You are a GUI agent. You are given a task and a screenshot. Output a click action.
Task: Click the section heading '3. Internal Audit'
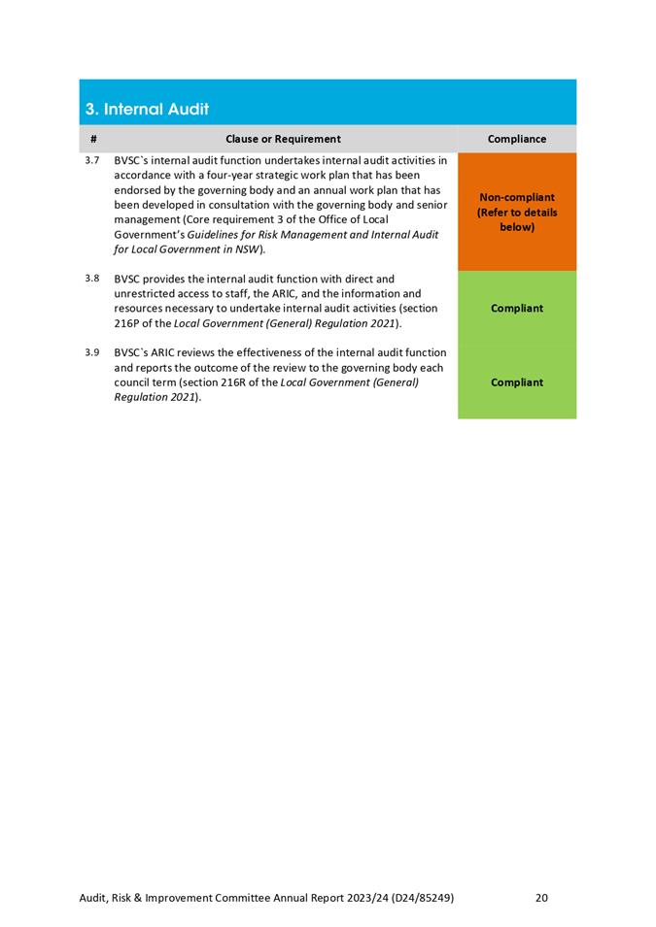(x=147, y=110)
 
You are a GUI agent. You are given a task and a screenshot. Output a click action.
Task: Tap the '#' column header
(x=92, y=139)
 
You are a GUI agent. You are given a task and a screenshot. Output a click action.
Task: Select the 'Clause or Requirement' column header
(x=283, y=139)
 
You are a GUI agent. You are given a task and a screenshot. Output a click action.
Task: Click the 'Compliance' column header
(x=517, y=139)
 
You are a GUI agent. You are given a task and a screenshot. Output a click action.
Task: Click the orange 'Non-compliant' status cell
(x=517, y=212)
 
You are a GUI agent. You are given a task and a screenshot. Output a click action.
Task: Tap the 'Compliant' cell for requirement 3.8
(x=517, y=308)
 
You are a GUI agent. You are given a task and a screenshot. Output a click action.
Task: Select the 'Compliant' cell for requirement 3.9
(x=517, y=381)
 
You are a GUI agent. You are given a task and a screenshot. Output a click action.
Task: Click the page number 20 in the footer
(x=542, y=898)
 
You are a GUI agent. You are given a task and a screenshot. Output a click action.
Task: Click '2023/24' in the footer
(x=362, y=898)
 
